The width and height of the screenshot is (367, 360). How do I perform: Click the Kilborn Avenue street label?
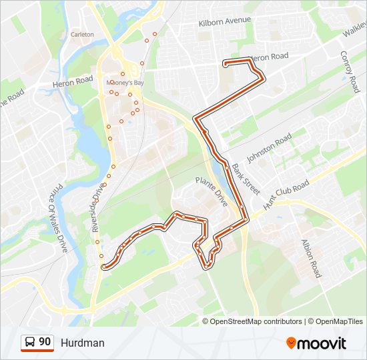tap(224, 22)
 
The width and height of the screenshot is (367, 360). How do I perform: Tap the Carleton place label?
tap(83, 34)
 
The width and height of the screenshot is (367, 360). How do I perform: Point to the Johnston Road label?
tap(269, 147)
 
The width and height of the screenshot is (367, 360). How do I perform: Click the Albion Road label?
tap(311, 258)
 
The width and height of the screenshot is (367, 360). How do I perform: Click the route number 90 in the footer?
tap(45, 341)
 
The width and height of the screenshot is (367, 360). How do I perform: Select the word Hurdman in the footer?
tap(82, 343)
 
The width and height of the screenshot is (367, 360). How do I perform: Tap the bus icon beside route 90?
tap(30, 342)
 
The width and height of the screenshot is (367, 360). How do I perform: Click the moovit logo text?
tap(322, 343)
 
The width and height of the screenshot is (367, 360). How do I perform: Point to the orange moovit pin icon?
tap(292, 343)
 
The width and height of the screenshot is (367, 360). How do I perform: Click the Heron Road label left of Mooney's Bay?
tap(73, 81)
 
